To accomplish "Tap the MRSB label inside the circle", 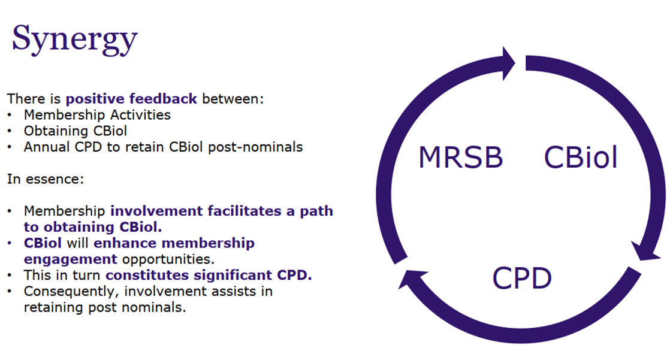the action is coord(461,157).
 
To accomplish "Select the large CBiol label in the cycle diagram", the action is coord(581,157).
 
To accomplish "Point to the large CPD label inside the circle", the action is coord(522,279).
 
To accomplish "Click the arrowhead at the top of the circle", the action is coord(508,63).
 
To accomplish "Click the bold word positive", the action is coord(95,99).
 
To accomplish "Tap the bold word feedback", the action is coord(164,99).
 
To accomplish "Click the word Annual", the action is coord(47,147).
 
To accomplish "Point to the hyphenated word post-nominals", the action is coord(255,147).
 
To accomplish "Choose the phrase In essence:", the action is coord(46,179).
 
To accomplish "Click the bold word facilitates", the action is coord(245,211).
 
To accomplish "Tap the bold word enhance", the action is coord(126,243).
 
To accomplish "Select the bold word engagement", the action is coord(71,259).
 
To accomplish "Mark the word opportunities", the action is coord(168,259).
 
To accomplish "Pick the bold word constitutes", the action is coord(147,275).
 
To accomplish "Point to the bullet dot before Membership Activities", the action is coord(10,115).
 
